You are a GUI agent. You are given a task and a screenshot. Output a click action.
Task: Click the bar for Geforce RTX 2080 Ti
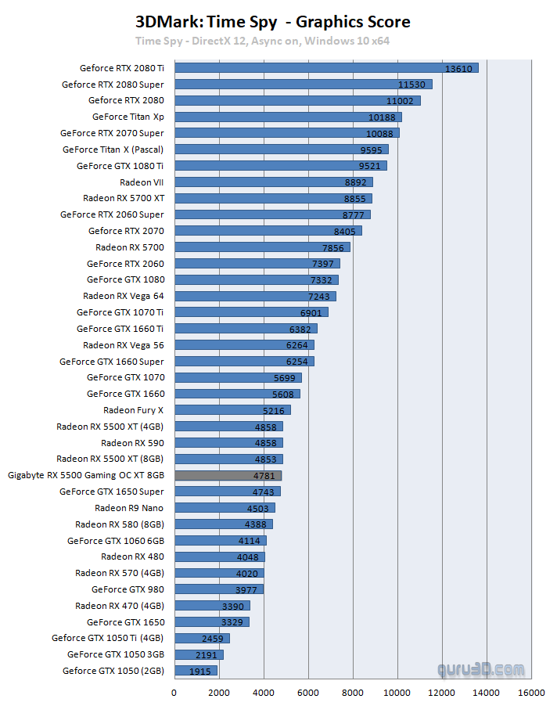click(325, 68)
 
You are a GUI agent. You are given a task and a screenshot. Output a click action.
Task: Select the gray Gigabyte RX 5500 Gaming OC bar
click(228, 475)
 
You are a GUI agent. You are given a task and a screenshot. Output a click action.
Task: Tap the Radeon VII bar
click(273, 182)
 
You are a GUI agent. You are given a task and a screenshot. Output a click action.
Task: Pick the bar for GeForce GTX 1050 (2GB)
click(196, 671)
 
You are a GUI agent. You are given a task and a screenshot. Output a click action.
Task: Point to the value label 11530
click(412, 85)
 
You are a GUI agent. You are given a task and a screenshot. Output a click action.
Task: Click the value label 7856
click(333, 247)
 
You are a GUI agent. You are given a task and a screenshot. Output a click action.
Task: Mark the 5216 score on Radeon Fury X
click(274, 410)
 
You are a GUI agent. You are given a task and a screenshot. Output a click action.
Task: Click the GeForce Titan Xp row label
click(128, 117)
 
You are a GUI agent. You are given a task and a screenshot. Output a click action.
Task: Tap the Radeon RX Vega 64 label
click(124, 296)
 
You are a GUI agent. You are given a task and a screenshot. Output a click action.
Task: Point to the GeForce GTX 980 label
click(128, 589)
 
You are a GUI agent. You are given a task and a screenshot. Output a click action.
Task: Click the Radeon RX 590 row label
click(133, 443)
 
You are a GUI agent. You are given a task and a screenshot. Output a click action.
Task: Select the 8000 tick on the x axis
click(353, 692)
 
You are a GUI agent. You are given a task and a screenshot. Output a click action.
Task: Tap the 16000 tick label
click(531, 692)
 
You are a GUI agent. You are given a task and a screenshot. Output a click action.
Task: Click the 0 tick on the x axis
click(174, 692)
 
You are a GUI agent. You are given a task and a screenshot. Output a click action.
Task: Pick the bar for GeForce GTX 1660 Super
click(244, 362)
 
